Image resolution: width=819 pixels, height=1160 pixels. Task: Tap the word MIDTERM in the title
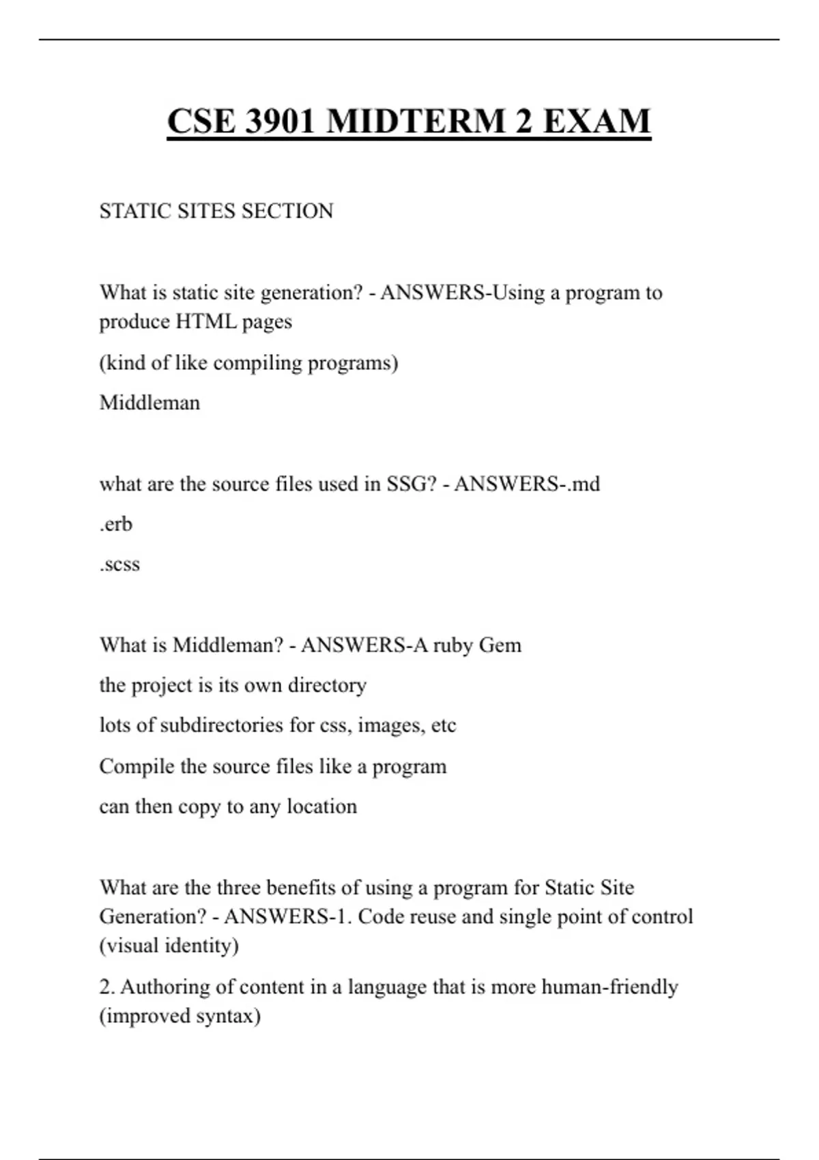(x=416, y=121)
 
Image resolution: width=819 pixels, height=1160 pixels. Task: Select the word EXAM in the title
(x=597, y=121)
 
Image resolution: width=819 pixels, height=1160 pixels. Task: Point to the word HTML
(x=206, y=321)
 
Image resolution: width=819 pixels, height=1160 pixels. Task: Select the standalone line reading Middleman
(x=149, y=403)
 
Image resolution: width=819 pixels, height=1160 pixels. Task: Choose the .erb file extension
(x=116, y=524)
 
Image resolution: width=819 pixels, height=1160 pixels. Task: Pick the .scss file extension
(x=119, y=564)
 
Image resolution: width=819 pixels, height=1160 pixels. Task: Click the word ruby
(x=452, y=645)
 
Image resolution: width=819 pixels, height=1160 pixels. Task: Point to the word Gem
(x=500, y=645)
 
